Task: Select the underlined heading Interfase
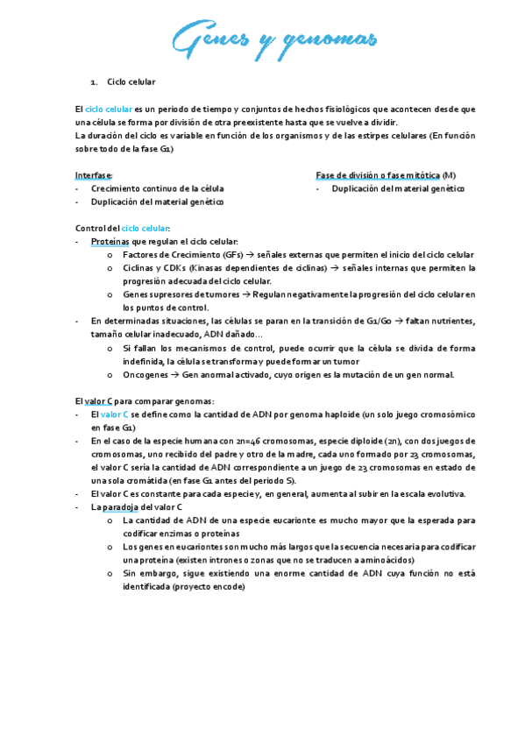pyautogui.click(x=94, y=175)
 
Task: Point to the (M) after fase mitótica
pyautogui.click(x=450, y=175)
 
